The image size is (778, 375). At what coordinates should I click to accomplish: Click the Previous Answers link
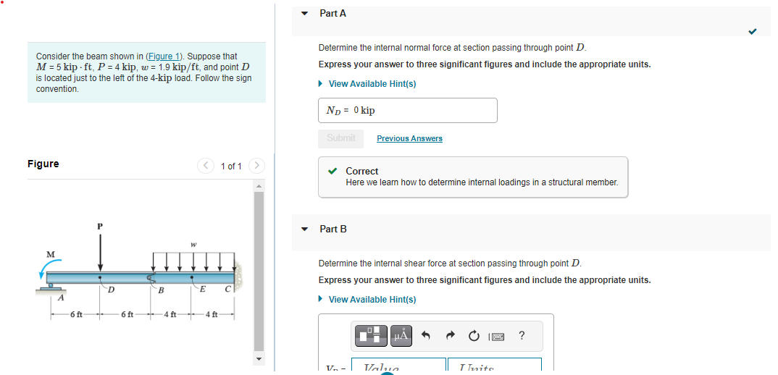[409, 138]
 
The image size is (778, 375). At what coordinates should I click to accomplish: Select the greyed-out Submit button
[340, 138]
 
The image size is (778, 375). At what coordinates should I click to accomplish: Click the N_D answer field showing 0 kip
[407, 110]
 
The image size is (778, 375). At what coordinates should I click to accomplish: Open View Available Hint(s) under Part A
[372, 84]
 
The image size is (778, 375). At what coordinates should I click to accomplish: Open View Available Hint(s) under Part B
[372, 300]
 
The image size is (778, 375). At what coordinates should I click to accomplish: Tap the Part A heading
[332, 13]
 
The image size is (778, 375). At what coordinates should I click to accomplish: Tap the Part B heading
[332, 229]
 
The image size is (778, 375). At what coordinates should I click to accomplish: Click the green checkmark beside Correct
[332, 172]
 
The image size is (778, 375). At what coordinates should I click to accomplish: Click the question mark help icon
[522, 335]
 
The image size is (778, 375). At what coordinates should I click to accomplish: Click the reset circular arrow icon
[474, 336]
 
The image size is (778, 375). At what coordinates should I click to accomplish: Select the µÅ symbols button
[401, 335]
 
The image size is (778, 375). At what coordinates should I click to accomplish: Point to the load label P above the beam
[100, 226]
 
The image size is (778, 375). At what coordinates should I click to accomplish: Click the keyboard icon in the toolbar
[498, 336]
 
